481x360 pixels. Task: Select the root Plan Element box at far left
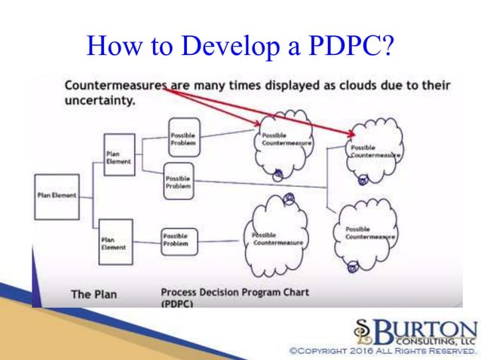pos(56,196)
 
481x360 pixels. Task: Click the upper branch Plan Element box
pos(118,155)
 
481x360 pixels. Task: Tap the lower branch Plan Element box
pos(115,242)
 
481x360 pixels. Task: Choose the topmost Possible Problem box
pos(182,138)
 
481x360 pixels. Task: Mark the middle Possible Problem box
pos(179,182)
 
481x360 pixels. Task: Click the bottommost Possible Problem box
pos(179,239)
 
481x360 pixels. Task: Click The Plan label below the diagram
pos(93,294)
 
